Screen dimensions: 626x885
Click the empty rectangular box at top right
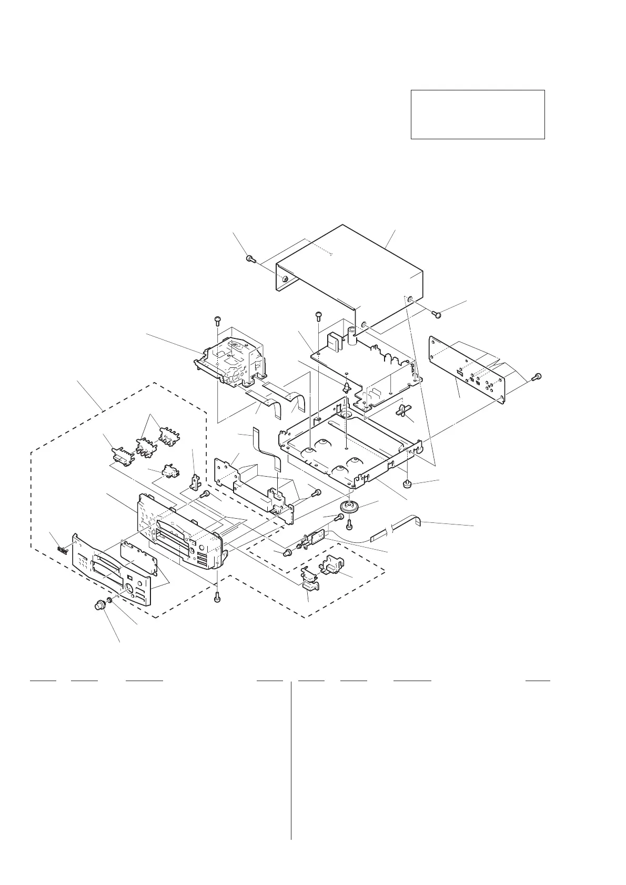point(477,114)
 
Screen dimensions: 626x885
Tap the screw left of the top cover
point(250,258)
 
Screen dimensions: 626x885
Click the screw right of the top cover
point(436,314)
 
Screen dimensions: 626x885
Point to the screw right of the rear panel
point(537,376)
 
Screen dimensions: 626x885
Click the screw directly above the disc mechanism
point(217,320)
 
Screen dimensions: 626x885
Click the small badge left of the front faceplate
point(62,550)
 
